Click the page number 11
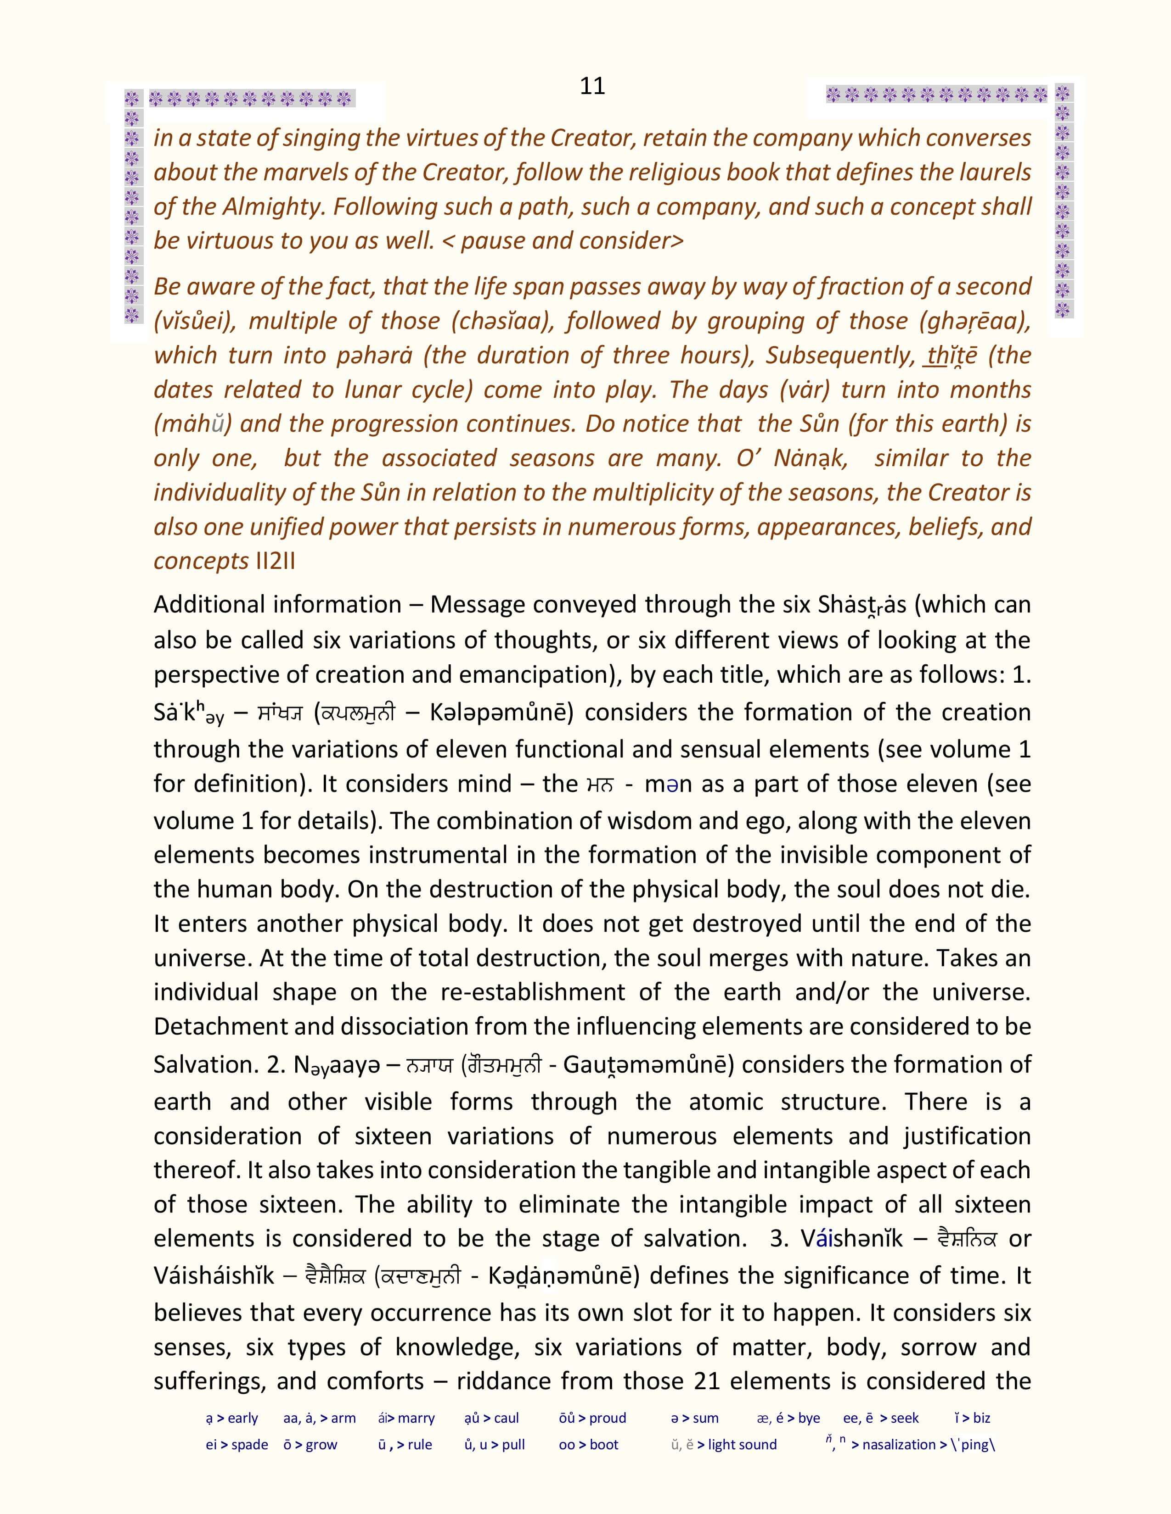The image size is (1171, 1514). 592,86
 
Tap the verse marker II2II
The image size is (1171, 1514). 276,561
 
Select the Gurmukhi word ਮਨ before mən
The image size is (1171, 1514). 600,785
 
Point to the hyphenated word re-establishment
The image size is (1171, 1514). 533,992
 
